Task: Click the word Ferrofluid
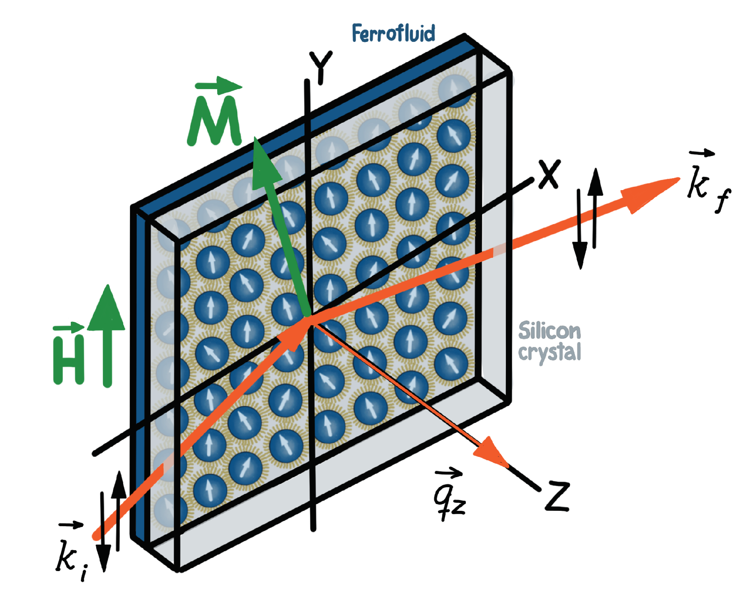[393, 33]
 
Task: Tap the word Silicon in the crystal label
[549, 331]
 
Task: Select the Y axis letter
[321, 67]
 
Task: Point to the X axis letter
[549, 174]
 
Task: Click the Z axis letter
[557, 497]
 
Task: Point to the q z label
[449, 500]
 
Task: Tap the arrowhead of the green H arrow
[107, 309]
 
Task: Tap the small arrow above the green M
[219, 86]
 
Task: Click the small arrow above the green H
[69, 328]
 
